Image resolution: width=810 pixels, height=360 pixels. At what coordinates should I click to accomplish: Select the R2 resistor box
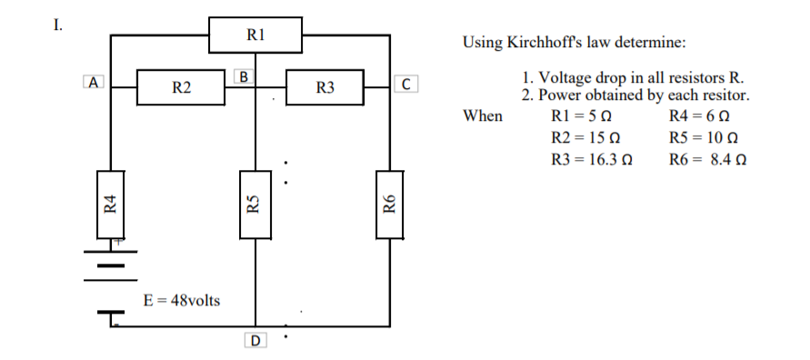pos(182,87)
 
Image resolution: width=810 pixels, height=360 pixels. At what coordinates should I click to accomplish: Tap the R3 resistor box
pos(325,87)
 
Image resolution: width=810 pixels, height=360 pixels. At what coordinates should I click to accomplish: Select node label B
pos(244,75)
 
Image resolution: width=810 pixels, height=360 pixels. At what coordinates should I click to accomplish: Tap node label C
pos(407,85)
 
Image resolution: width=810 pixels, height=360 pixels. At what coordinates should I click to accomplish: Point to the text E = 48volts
pos(182,300)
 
